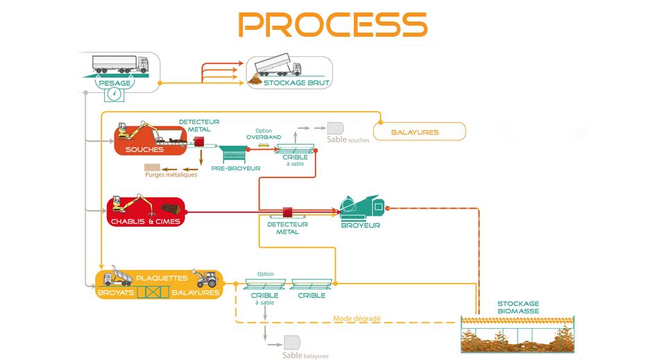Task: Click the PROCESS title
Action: click(332, 24)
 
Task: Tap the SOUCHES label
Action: click(144, 149)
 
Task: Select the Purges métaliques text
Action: click(171, 175)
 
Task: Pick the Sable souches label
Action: click(348, 139)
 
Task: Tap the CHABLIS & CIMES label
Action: click(145, 222)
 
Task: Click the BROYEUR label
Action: click(360, 225)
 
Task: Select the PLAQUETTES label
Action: click(162, 277)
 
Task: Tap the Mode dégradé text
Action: click(356, 318)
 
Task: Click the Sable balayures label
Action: click(305, 356)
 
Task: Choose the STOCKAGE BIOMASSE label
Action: click(518, 307)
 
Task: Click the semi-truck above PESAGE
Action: click(120, 64)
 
